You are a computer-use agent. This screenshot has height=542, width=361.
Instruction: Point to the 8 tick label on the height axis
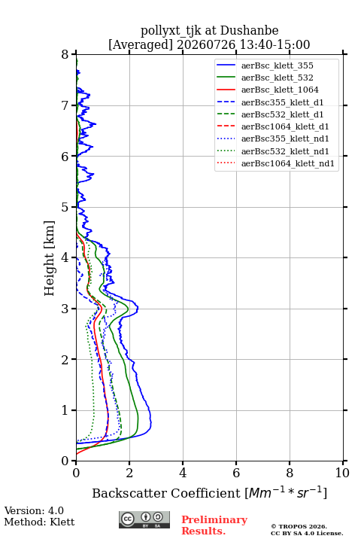pyautogui.click(x=65, y=55)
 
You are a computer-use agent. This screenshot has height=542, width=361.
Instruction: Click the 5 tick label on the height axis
pyautogui.click(x=65, y=207)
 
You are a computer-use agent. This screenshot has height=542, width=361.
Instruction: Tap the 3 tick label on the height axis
pyautogui.click(x=65, y=309)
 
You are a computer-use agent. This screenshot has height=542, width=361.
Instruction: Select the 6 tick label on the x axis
pyautogui.click(x=236, y=473)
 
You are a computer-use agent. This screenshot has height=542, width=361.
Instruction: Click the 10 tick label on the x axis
pyautogui.click(x=342, y=473)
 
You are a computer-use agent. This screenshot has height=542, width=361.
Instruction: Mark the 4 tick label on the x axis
pyautogui.click(x=183, y=473)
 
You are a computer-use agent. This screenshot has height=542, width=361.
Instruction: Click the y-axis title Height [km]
pyautogui.click(x=50, y=258)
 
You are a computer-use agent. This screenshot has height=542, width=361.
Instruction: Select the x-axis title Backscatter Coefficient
pyautogui.click(x=165, y=493)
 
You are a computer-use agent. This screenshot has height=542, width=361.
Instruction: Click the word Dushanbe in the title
pyautogui.click(x=249, y=31)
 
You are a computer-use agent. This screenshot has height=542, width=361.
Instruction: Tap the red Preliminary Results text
pyautogui.click(x=214, y=525)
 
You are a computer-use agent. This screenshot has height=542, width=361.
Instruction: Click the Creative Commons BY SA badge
pyautogui.click(x=144, y=520)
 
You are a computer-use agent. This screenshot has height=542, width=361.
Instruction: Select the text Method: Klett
pyautogui.click(x=39, y=522)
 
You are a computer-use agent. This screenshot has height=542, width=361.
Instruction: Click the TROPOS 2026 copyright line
pyautogui.click(x=299, y=526)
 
